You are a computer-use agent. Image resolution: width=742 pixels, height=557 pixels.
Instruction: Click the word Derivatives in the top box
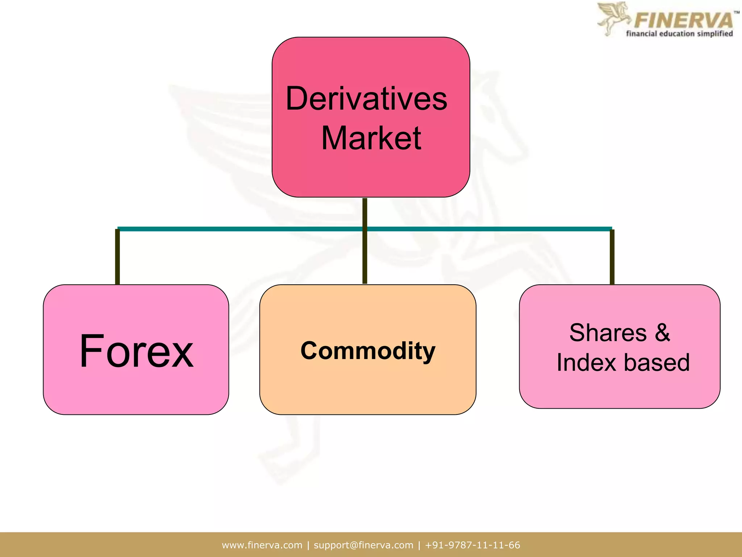(x=366, y=99)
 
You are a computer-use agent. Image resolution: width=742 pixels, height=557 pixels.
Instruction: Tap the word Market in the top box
(x=371, y=138)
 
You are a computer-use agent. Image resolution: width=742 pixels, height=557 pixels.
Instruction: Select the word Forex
(x=136, y=351)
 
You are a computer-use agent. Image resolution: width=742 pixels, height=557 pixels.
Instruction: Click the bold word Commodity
(x=368, y=351)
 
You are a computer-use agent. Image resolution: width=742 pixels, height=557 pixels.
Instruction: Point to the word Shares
(x=608, y=333)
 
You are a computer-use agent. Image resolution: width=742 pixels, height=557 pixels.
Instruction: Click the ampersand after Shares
(x=662, y=333)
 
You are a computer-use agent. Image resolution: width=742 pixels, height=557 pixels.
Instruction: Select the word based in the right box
(x=656, y=362)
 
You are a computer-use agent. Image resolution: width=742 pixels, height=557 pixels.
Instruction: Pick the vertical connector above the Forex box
(x=117, y=257)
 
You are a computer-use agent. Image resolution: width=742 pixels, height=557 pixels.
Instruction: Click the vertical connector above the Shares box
(x=612, y=257)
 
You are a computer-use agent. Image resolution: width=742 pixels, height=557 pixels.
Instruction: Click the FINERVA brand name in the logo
(x=683, y=20)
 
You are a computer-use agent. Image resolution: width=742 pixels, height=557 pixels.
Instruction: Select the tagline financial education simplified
(x=679, y=34)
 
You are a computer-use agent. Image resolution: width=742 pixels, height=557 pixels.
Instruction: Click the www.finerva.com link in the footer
(x=262, y=545)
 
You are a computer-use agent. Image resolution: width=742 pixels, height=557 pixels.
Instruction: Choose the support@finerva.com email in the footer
(x=363, y=545)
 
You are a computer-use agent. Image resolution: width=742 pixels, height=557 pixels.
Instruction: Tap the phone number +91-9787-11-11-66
(x=472, y=545)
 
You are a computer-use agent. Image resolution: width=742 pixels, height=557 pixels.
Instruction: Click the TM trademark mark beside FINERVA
(x=737, y=13)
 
